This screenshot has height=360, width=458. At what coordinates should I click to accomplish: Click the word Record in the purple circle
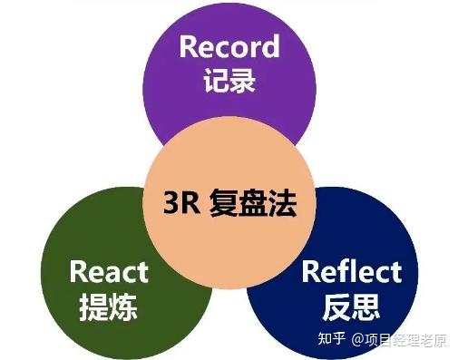pyautogui.click(x=229, y=47)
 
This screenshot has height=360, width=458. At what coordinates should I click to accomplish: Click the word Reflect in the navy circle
pyautogui.click(x=350, y=271)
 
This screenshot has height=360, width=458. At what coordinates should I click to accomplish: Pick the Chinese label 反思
pyautogui.click(x=350, y=306)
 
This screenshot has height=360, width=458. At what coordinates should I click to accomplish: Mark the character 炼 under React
pyautogui.click(x=123, y=305)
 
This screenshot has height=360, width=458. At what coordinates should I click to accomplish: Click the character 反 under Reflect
pyautogui.click(x=336, y=306)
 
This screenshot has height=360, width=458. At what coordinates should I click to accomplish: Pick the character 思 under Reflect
pyautogui.click(x=365, y=306)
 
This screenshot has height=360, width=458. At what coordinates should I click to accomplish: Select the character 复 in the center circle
pyautogui.click(x=226, y=200)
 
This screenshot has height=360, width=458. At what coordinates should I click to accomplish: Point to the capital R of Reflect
pyautogui.click(x=310, y=271)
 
